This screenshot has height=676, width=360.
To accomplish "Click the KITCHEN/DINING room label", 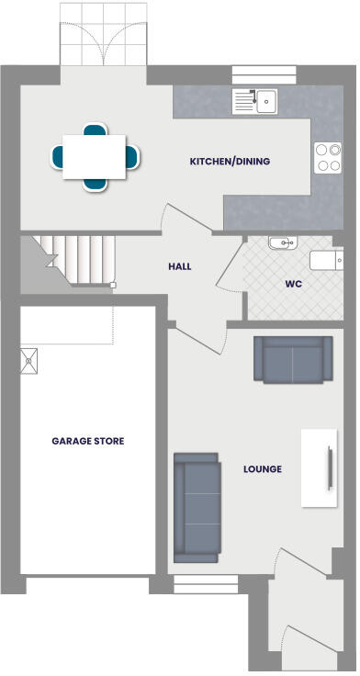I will tap(230, 162).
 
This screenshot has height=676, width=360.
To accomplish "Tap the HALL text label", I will tap(180, 266).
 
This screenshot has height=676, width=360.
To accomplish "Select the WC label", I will tap(294, 284).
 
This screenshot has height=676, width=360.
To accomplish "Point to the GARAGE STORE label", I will tap(88, 441).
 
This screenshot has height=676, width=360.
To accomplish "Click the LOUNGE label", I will tap(263, 469).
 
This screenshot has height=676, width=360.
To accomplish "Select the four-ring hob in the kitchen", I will tap(328, 157).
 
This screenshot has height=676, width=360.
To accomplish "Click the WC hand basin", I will tap(283, 243).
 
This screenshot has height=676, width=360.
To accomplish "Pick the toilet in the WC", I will tap(326, 260).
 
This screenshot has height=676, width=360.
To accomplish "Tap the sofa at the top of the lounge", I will tap(293, 359).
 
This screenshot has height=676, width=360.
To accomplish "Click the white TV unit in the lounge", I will tap(319, 467).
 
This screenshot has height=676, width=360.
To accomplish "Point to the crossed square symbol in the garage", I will tap(29, 361).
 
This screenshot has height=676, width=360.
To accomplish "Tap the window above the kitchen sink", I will tap(264, 75).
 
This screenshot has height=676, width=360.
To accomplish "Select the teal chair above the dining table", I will tap(94, 131).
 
